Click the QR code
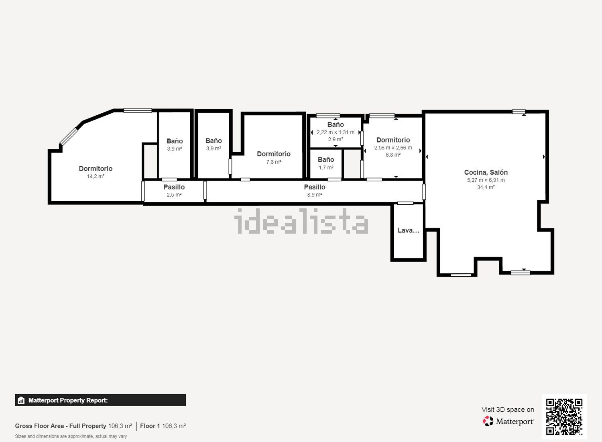pos(564,416)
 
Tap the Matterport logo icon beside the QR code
pos(488,421)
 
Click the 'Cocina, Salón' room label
pos(486,172)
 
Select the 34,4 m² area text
pos(486,187)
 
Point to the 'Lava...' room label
pos(408,230)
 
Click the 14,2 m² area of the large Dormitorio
pos(96,176)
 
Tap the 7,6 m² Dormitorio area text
pos(273,162)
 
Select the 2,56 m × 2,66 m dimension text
pos(393,148)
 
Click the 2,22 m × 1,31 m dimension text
pos(336,132)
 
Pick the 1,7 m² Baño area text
pos(326,167)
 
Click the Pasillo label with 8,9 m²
pos(314,187)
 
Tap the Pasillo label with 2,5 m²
pos(174,187)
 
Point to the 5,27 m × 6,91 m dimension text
pos(486,180)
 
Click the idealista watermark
pos(301,221)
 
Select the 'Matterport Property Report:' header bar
pos(100,400)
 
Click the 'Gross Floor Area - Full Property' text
pos(61,426)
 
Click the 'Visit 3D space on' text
pos(508,409)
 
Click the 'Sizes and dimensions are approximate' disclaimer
pos(71,436)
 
